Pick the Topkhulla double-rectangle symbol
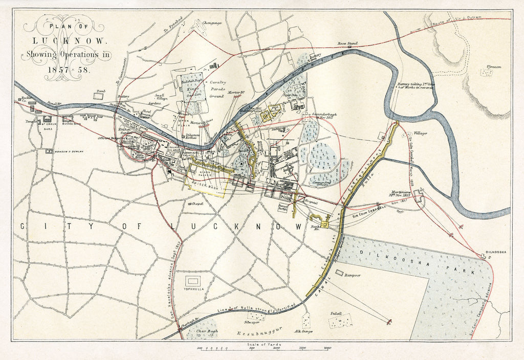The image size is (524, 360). point(193,281)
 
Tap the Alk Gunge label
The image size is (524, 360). point(303,331)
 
